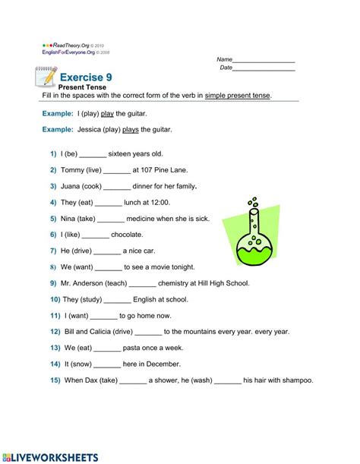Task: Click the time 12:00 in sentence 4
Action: [159, 203]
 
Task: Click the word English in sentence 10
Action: [133, 299]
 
